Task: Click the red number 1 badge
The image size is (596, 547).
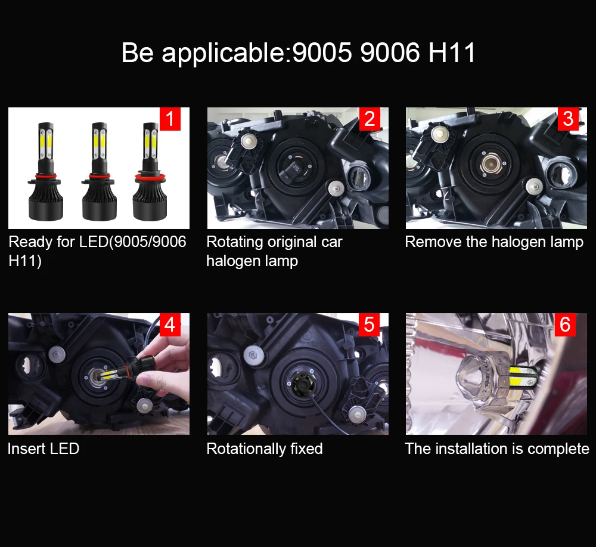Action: [170, 119]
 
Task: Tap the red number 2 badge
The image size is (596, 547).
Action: [370, 119]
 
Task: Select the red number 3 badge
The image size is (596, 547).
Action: [568, 119]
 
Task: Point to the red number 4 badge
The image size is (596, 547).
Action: [170, 325]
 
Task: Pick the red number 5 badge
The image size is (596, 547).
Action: [369, 325]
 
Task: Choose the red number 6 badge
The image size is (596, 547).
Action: [566, 325]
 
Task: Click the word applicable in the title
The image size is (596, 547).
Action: [223, 53]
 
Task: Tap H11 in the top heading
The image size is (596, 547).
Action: [452, 52]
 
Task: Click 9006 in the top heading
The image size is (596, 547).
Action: [390, 52]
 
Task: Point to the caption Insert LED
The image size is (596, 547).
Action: [44, 449]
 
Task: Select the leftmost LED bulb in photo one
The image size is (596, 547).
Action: [46, 172]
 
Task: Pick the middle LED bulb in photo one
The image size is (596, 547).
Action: [99, 172]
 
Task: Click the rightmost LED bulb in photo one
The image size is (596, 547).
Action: [150, 172]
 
